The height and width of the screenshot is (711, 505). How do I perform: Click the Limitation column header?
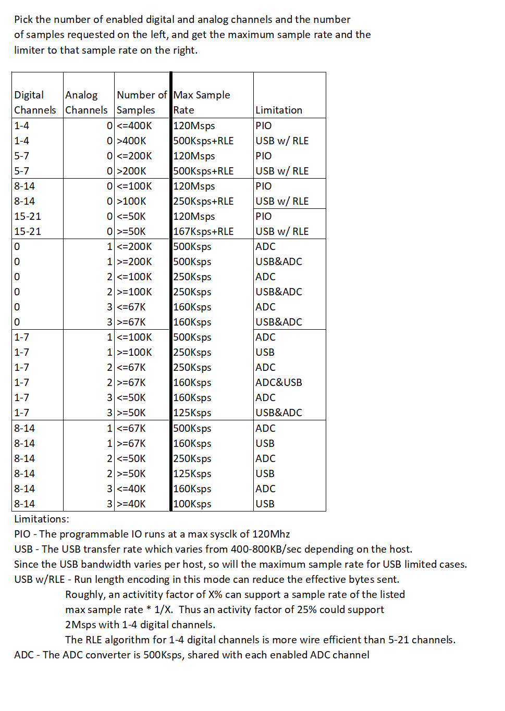[279, 110]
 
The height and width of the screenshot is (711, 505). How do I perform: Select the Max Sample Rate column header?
[202, 102]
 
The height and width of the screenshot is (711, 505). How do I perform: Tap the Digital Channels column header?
[35, 102]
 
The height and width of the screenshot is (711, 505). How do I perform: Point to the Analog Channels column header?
[86, 102]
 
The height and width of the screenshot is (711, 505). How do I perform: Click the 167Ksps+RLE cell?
[203, 231]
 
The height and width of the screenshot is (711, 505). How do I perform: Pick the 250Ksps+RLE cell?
[203, 201]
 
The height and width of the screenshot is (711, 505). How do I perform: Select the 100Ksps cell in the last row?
[192, 504]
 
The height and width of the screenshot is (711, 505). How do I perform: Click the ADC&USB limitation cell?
[279, 382]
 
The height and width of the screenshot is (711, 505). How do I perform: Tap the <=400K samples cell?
[134, 126]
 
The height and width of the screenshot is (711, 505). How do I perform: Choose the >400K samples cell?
[131, 141]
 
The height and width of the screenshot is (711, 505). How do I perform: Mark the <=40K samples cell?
[131, 489]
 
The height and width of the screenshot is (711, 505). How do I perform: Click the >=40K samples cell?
[131, 504]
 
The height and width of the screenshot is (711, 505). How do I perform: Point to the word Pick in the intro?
[23, 19]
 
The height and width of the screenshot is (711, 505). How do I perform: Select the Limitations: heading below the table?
[42, 519]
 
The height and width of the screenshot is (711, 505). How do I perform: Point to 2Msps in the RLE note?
[81, 625]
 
